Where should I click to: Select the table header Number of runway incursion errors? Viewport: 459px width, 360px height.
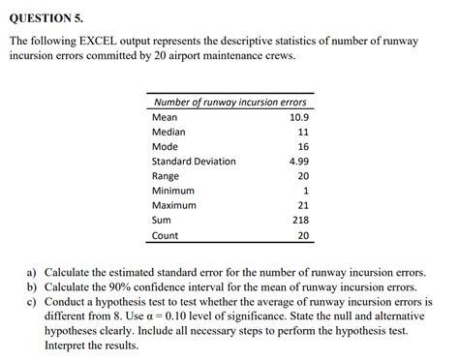[229, 103]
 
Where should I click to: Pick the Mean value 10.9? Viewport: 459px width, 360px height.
[298, 117]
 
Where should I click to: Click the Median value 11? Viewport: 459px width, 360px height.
[302, 132]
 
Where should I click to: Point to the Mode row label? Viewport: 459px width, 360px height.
[165, 146]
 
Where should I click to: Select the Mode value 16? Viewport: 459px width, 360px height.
[302, 146]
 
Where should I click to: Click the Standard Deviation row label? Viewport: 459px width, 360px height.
[194, 161]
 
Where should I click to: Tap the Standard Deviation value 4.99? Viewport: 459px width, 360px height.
[298, 161]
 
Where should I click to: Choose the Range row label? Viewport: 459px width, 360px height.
[166, 176]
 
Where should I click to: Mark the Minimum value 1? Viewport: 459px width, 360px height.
[305, 191]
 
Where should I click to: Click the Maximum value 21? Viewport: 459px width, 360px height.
[302, 205]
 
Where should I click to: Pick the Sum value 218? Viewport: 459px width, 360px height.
[300, 220]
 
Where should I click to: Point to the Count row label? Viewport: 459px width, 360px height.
[165, 234]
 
